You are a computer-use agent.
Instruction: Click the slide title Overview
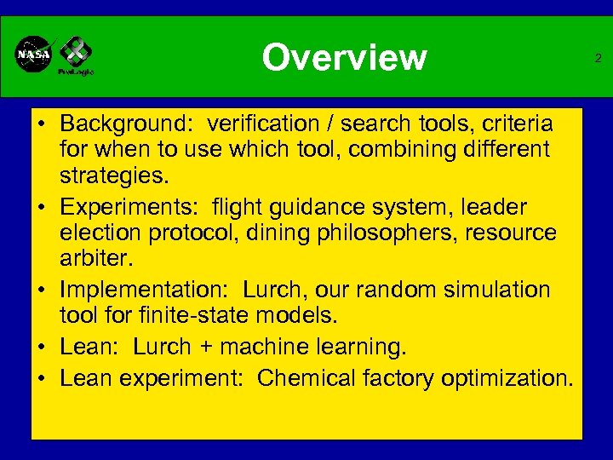point(344,58)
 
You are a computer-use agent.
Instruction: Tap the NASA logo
point(34,55)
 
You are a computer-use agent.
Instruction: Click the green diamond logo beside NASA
point(75,52)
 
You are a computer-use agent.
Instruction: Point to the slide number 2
point(598,58)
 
